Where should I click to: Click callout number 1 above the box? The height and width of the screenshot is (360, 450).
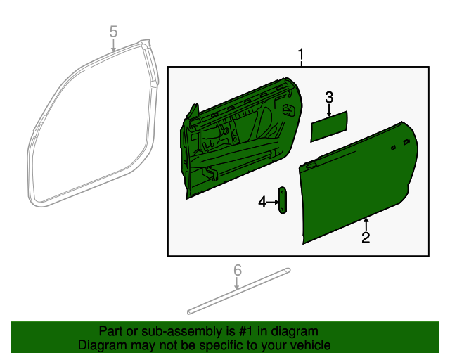302,54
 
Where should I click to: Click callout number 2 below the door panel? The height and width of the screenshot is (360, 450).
366,238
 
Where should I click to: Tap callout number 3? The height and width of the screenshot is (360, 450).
328,96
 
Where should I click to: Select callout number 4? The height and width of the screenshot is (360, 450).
262,202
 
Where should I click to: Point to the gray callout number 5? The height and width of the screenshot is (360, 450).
114,32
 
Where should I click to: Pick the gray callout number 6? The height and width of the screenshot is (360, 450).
237,270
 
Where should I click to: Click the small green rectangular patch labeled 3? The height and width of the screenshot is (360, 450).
330,124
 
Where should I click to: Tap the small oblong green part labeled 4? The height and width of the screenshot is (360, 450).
283,200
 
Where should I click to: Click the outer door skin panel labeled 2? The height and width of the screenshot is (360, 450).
352,190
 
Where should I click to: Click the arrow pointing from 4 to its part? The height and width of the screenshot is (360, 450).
273,202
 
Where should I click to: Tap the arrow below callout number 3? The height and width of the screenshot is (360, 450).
328,109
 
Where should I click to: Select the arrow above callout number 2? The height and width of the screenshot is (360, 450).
366,224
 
